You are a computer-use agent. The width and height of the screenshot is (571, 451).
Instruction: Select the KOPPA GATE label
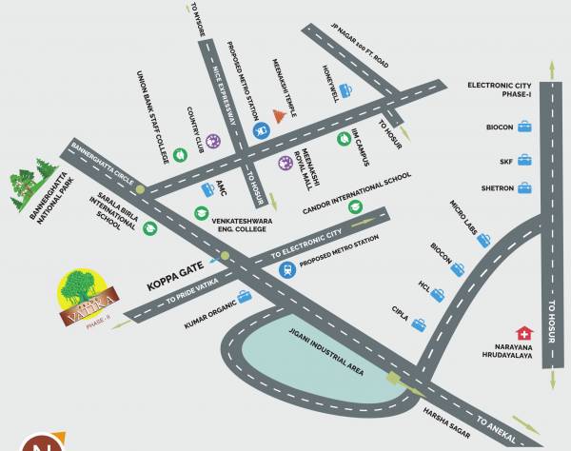[176, 284]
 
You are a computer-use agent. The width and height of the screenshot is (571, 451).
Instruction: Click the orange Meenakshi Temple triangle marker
[279, 115]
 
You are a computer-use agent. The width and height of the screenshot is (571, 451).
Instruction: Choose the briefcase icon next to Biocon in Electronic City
[523, 127]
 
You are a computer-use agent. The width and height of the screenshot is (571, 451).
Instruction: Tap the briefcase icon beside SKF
[523, 159]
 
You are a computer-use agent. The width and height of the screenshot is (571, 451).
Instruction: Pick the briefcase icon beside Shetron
[523, 188]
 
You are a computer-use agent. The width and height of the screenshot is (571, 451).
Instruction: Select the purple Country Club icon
[213, 142]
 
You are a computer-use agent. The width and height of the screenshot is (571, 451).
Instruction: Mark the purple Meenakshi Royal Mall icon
[284, 163]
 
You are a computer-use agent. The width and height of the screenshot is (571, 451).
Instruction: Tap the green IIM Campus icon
[344, 139]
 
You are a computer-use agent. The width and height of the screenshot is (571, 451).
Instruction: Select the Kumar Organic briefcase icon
[245, 297]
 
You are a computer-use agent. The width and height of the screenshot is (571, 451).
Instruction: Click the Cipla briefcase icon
[418, 325]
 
